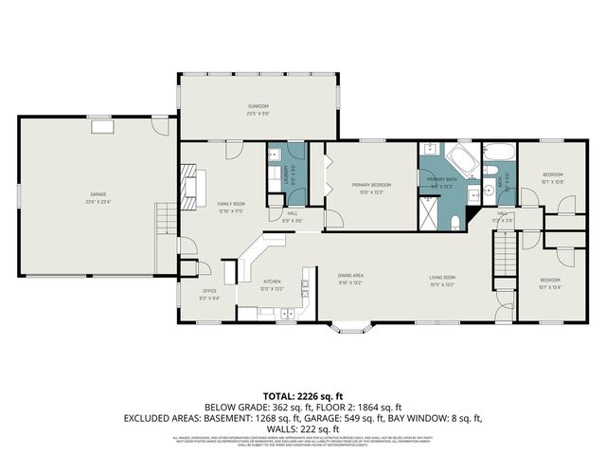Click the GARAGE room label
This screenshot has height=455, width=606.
(97, 194)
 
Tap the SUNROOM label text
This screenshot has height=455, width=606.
(258, 106)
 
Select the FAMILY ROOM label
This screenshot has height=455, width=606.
(231, 204)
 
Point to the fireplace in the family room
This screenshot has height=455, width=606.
(191, 188)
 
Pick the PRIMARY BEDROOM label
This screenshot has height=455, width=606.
(371, 185)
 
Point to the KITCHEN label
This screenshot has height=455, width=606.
(272, 282)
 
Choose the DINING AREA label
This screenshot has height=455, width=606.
(351, 276)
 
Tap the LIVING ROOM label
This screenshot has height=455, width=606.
(442, 276)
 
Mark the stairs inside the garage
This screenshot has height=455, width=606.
(167, 220)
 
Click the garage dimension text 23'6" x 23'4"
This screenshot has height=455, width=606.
(97, 202)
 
